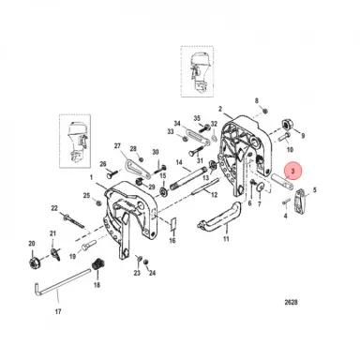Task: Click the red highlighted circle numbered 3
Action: click(x=292, y=172)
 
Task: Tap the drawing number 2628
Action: click(x=291, y=302)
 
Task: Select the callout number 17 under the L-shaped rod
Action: click(x=58, y=311)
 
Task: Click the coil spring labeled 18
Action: click(x=97, y=265)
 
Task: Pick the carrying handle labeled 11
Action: click(x=219, y=216)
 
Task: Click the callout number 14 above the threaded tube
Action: click(x=179, y=162)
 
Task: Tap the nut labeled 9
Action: click(x=287, y=124)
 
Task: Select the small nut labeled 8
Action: click(x=264, y=111)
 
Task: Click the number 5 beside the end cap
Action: click(x=314, y=189)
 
